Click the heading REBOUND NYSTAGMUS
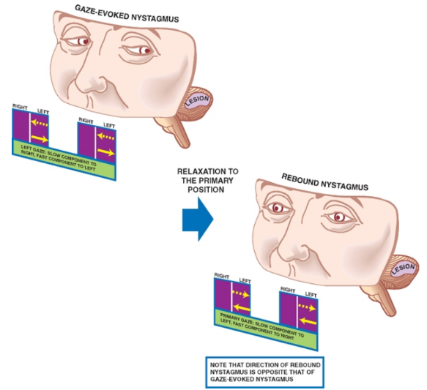point(320,179)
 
